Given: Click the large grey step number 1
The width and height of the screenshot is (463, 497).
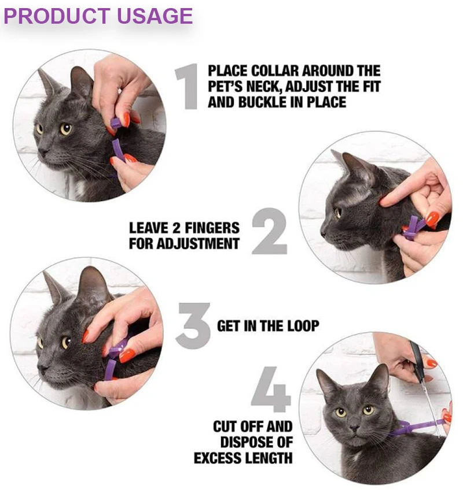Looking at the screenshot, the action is point(188,87).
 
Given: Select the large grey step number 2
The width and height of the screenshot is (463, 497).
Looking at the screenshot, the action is point(270,231).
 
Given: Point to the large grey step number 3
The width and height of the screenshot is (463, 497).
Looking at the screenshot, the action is point(193,326).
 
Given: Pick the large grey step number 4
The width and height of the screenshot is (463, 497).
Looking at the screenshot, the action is point(271,390).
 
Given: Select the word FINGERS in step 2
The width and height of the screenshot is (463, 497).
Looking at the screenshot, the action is point(212,228).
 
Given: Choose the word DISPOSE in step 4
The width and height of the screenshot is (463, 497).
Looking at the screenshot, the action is point(245,442).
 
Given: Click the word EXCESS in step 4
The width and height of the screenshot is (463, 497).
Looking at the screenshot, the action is point(218,458).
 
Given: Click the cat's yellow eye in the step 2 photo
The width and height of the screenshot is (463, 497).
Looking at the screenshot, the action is point(339,212).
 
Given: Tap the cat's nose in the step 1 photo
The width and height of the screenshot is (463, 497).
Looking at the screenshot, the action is point(43,152).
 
